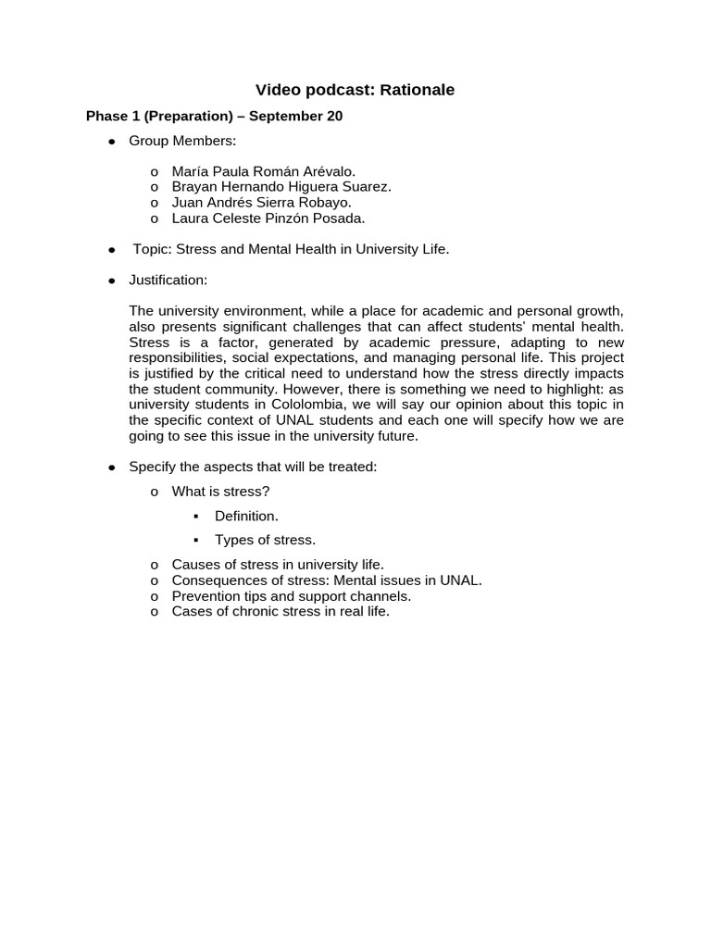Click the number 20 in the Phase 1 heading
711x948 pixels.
[334, 117]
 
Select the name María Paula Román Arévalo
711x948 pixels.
[263, 171]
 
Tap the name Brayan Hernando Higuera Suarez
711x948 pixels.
[281, 187]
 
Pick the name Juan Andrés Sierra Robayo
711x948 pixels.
[262, 203]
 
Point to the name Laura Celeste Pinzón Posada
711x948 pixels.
[268, 218]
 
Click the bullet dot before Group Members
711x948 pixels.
[112, 142]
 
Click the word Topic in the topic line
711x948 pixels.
[151, 249]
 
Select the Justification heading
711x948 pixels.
[168, 280]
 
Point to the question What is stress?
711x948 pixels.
[221, 492]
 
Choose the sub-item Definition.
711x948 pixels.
[246, 516]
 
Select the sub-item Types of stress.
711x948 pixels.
[265, 540]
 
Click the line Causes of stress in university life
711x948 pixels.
[278, 564]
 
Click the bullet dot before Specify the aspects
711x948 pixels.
[112, 468]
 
